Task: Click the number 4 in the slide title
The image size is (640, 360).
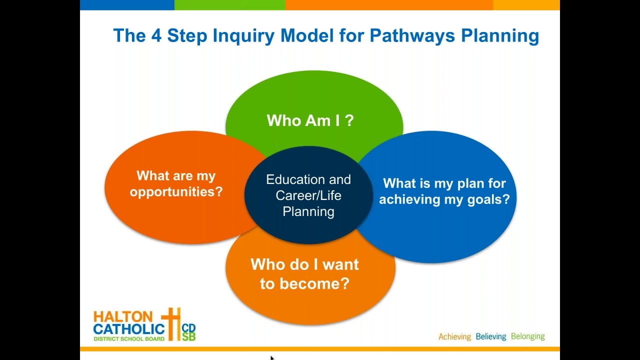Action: click(x=156, y=36)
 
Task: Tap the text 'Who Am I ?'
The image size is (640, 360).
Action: click(x=310, y=120)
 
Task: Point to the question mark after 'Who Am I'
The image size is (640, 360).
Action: click(x=349, y=120)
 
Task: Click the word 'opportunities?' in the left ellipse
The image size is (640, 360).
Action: click(x=176, y=192)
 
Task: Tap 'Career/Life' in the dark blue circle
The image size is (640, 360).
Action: click(x=308, y=195)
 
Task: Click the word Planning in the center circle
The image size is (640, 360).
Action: click(x=308, y=211)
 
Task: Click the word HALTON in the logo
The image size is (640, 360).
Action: click(x=123, y=316)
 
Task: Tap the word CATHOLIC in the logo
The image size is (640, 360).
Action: click(x=129, y=328)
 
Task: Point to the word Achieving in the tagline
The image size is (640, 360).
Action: click(x=454, y=336)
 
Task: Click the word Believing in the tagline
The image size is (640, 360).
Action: click(x=490, y=336)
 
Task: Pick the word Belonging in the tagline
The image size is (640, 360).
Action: click(x=527, y=336)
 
